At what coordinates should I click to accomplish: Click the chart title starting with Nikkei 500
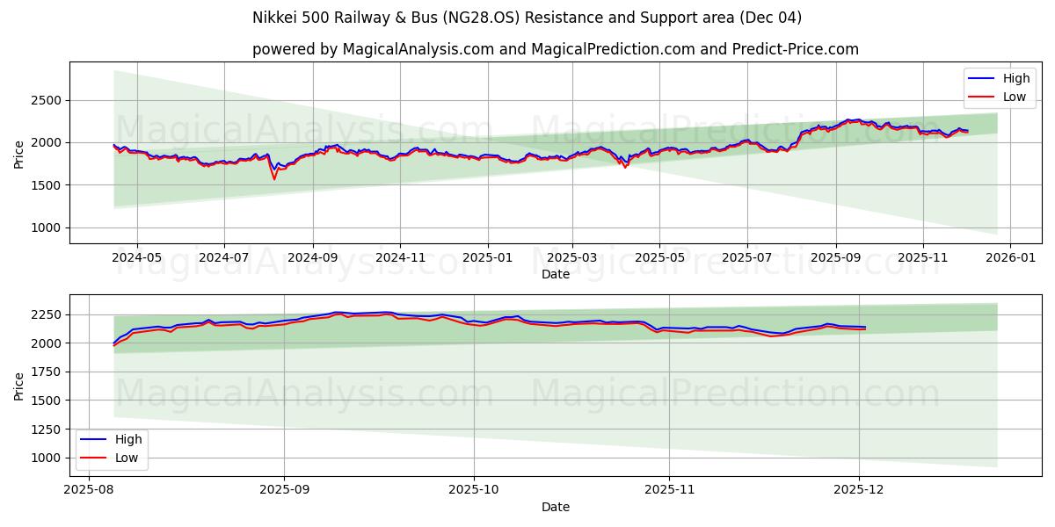[527, 18]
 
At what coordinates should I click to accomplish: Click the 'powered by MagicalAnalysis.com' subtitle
[555, 49]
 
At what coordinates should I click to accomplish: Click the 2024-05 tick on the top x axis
[137, 258]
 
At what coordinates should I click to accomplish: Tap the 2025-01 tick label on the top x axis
[486, 258]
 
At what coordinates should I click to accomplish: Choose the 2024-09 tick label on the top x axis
[313, 258]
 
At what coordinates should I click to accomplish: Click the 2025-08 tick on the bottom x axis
[89, 489]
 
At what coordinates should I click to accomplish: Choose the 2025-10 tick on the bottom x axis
[474, 489]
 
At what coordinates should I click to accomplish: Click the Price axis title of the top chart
[19, 153]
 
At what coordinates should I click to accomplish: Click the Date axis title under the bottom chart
[555, 507]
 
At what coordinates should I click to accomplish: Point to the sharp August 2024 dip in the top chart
[274, 178]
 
